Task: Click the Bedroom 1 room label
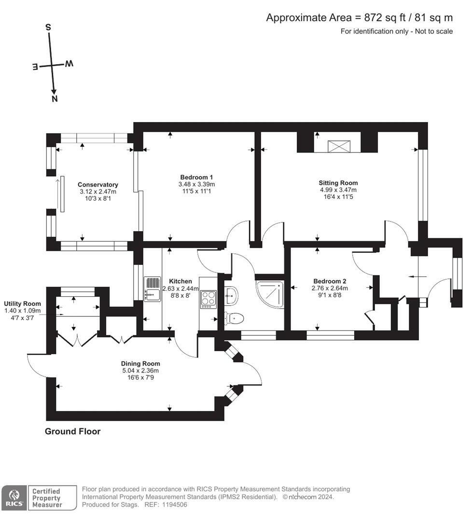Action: [196, 178]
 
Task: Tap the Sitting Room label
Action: [338, 183]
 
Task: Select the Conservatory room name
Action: [98, 185]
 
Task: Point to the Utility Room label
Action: [22, 304]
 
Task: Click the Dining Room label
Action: [140, 364]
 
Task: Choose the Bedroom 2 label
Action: [330, 281]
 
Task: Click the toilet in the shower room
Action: [235, 318]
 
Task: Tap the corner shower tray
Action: [270, 295]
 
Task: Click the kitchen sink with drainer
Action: [152, 289]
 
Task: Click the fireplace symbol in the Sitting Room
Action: [339, 146]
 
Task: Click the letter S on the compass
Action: [48, 27]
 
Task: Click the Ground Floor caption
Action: [72, 431]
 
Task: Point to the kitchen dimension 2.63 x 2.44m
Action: [180, 288]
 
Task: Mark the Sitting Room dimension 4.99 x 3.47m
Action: [338, 190]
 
